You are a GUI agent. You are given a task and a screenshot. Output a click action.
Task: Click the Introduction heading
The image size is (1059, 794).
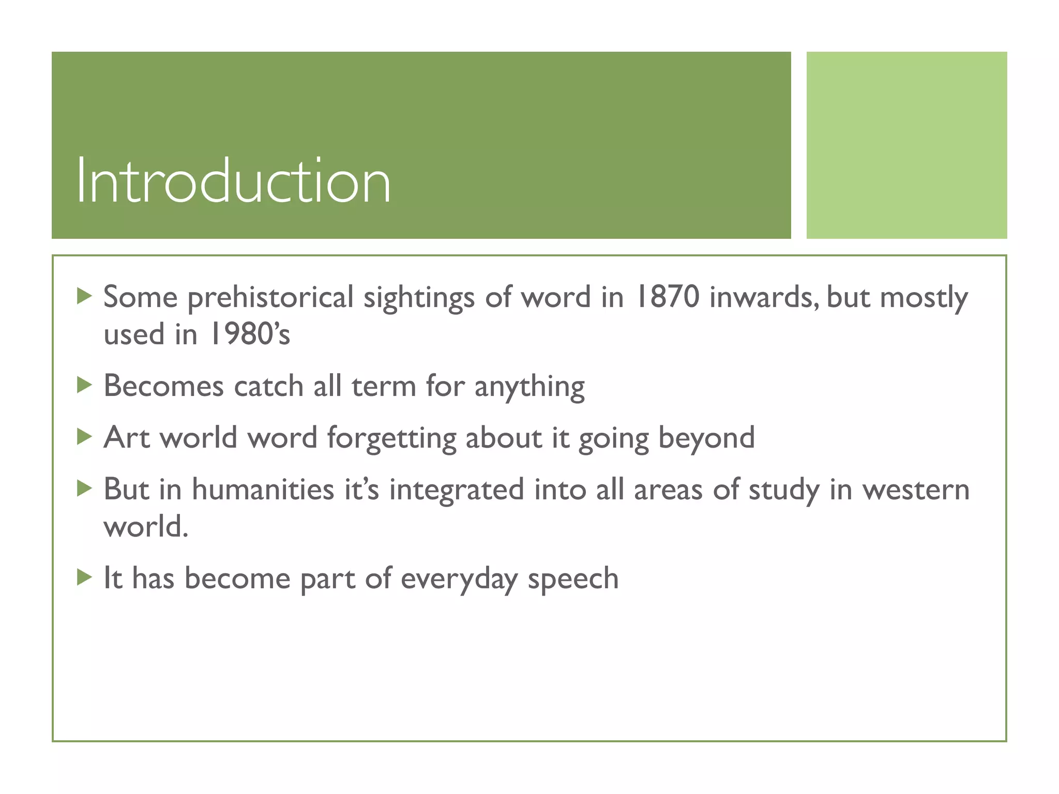click(x=233, y=181)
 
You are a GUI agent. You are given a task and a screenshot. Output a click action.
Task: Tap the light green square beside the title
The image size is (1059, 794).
click(x=906, y=145)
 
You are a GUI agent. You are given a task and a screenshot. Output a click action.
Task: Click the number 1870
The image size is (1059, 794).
click(x=667, y=297)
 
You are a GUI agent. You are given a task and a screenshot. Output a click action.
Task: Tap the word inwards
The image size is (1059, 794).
click(x=763, y=297)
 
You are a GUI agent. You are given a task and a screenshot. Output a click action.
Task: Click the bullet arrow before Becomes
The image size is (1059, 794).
click(x=84, y=385)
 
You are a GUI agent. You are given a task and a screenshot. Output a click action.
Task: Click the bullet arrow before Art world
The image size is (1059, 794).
click(x=84, y=437)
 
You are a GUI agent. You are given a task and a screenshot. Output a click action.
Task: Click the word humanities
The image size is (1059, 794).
click(x=263, y=490)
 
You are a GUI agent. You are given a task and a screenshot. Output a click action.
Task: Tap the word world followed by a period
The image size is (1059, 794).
click(x=146, y=527)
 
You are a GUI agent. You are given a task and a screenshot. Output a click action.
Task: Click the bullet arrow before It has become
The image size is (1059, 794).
click(x=84, y=577)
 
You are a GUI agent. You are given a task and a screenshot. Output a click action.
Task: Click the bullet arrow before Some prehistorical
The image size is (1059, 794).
click(x=84, y=296)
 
